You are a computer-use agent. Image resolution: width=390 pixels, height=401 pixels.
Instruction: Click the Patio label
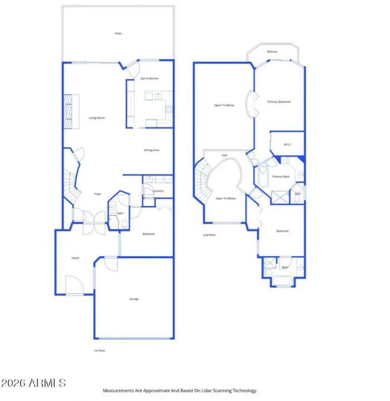pos(118,33)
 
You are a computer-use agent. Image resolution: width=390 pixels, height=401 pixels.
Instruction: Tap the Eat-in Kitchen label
pos(149,79)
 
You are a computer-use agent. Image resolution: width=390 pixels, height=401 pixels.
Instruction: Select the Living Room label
pos(97,118)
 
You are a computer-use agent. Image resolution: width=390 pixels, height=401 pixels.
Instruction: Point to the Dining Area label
pos(152,150)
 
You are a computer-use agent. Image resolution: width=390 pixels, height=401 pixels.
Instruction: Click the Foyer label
pos(97,194)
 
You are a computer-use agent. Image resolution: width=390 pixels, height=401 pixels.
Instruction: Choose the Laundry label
pos(157,191)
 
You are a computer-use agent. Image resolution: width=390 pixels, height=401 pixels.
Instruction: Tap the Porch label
pos(75,258)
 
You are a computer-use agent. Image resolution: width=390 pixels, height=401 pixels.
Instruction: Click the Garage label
pos(134,299)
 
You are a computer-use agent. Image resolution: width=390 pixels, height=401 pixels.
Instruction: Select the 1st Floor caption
pos(99,350)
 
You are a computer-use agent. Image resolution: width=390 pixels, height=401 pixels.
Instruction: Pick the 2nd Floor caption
pos(209,235)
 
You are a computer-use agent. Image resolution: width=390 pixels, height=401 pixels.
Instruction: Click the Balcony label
pos(272,52)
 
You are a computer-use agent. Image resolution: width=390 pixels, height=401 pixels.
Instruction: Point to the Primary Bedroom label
pos(279,102)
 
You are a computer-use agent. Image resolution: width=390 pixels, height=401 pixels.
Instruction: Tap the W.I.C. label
pos(287,145)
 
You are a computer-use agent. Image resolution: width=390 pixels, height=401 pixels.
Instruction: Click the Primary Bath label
pos(281,177)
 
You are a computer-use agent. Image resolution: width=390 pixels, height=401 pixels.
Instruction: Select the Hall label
pos(225,155)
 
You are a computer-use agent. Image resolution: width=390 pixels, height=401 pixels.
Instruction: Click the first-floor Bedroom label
pos(148,234)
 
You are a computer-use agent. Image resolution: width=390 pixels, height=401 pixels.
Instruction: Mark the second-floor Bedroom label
pos(282,231)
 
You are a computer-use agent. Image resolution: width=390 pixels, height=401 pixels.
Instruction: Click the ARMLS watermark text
pos(33,383)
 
